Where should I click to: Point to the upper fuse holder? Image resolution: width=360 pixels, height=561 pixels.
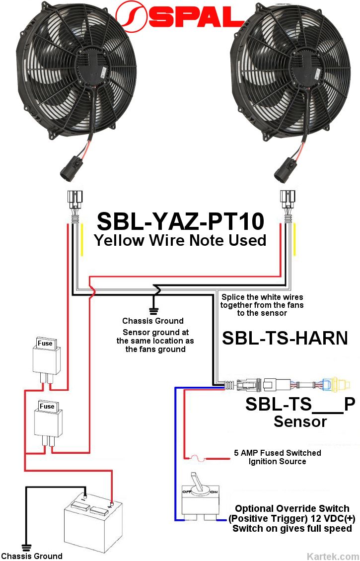pos(47,356)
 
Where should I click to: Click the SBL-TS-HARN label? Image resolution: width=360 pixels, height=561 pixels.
pos(285,338)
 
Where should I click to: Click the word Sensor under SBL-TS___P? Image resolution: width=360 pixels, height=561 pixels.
pos(300,421)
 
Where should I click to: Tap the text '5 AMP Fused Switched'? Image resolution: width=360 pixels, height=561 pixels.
pos(277,453)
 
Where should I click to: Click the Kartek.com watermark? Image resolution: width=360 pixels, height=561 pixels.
pos(333,556)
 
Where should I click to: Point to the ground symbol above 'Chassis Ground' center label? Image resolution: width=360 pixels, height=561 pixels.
pos(153,310)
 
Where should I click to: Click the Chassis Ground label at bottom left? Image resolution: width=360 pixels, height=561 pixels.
pos(32,556)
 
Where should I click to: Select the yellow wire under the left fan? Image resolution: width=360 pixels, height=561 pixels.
pos(82,240)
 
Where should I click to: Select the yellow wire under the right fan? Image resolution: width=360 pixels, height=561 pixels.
pos(295,240)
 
